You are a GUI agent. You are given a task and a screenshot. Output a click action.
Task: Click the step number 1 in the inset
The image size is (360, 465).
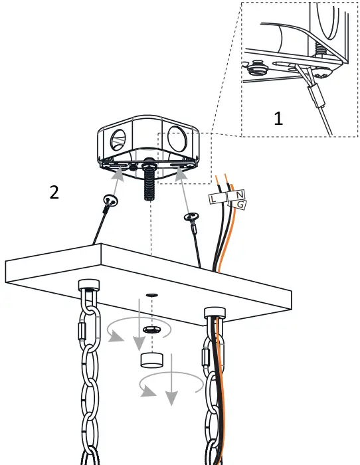coord(278,119)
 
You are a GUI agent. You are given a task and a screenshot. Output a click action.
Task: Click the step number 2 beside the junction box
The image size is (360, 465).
coord(54,192)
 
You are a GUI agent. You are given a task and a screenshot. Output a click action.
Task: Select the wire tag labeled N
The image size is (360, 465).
coord(238,195)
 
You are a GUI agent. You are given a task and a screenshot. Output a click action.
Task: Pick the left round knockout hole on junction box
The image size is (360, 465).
coord(118,141)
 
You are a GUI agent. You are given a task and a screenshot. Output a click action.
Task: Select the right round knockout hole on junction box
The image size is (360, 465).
coord(178,139)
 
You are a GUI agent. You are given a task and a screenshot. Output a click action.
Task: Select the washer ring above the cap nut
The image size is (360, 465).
coord(152,329)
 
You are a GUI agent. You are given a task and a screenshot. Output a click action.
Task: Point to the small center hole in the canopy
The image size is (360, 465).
coord(152,294)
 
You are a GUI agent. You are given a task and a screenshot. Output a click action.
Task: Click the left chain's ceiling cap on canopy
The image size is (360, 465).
coord(88,286)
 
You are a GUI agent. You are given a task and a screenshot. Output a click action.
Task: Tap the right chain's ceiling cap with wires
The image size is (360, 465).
coord(214,312)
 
